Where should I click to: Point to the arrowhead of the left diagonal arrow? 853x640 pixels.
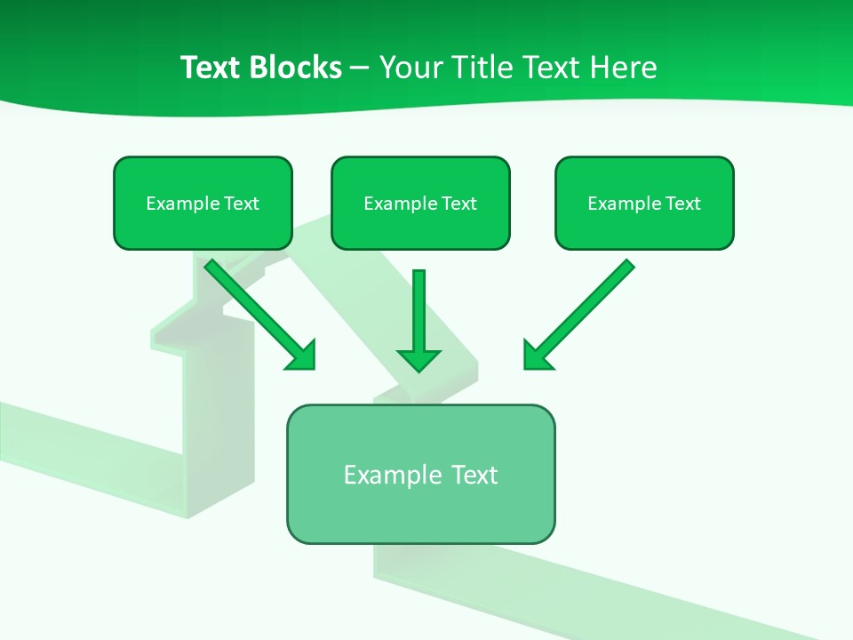pos(304,357)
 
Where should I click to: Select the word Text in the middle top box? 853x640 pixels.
pos(458,204)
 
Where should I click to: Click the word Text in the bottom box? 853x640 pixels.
pos(474,475)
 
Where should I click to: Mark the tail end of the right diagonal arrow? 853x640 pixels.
pos(628,265)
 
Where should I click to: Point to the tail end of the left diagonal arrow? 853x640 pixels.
pos(211,265)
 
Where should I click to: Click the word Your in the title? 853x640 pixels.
pos(409,68)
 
